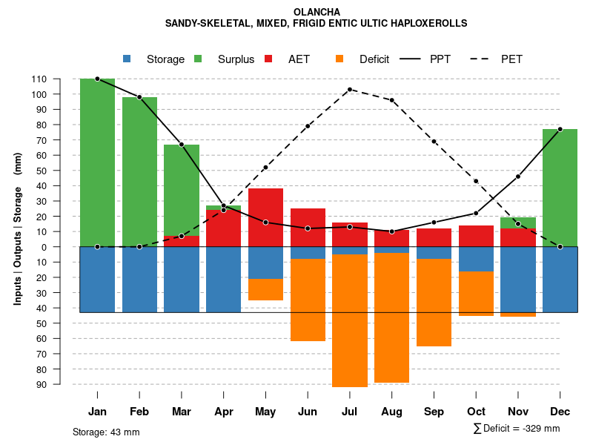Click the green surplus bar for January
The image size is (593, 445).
pyautogui.click(x=97, y=162)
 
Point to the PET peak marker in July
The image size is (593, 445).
pyautogui.click(x=350, y=89)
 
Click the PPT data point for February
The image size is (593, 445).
pyautogui.click(x=139, y=97)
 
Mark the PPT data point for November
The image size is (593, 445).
pyautogui.click(x=518, y=177)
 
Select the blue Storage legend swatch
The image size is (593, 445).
pyautogui.click(x=127, y=59)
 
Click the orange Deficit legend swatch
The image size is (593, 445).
pyautogui.click(x=339, y=59)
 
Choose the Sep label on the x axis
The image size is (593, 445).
pyautogui.click(x=434, y=412)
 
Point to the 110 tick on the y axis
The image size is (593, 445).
pyautogui.click(x=60, y=79)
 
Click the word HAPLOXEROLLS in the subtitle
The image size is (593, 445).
pyautogui.click(x=429, y=24)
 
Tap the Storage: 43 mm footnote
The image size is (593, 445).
pyautogui.click(x=106, y=432)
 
